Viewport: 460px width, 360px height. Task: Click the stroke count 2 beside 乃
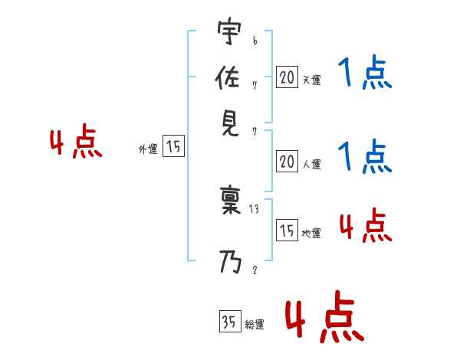254,269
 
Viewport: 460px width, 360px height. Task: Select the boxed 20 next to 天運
286,77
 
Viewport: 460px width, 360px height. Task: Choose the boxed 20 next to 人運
286,162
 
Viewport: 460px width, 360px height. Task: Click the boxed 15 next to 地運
286,231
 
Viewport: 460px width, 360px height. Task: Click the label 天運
311,80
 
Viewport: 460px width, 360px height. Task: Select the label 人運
311,164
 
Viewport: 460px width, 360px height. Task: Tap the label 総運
255,325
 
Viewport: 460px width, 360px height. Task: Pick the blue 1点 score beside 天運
365,74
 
